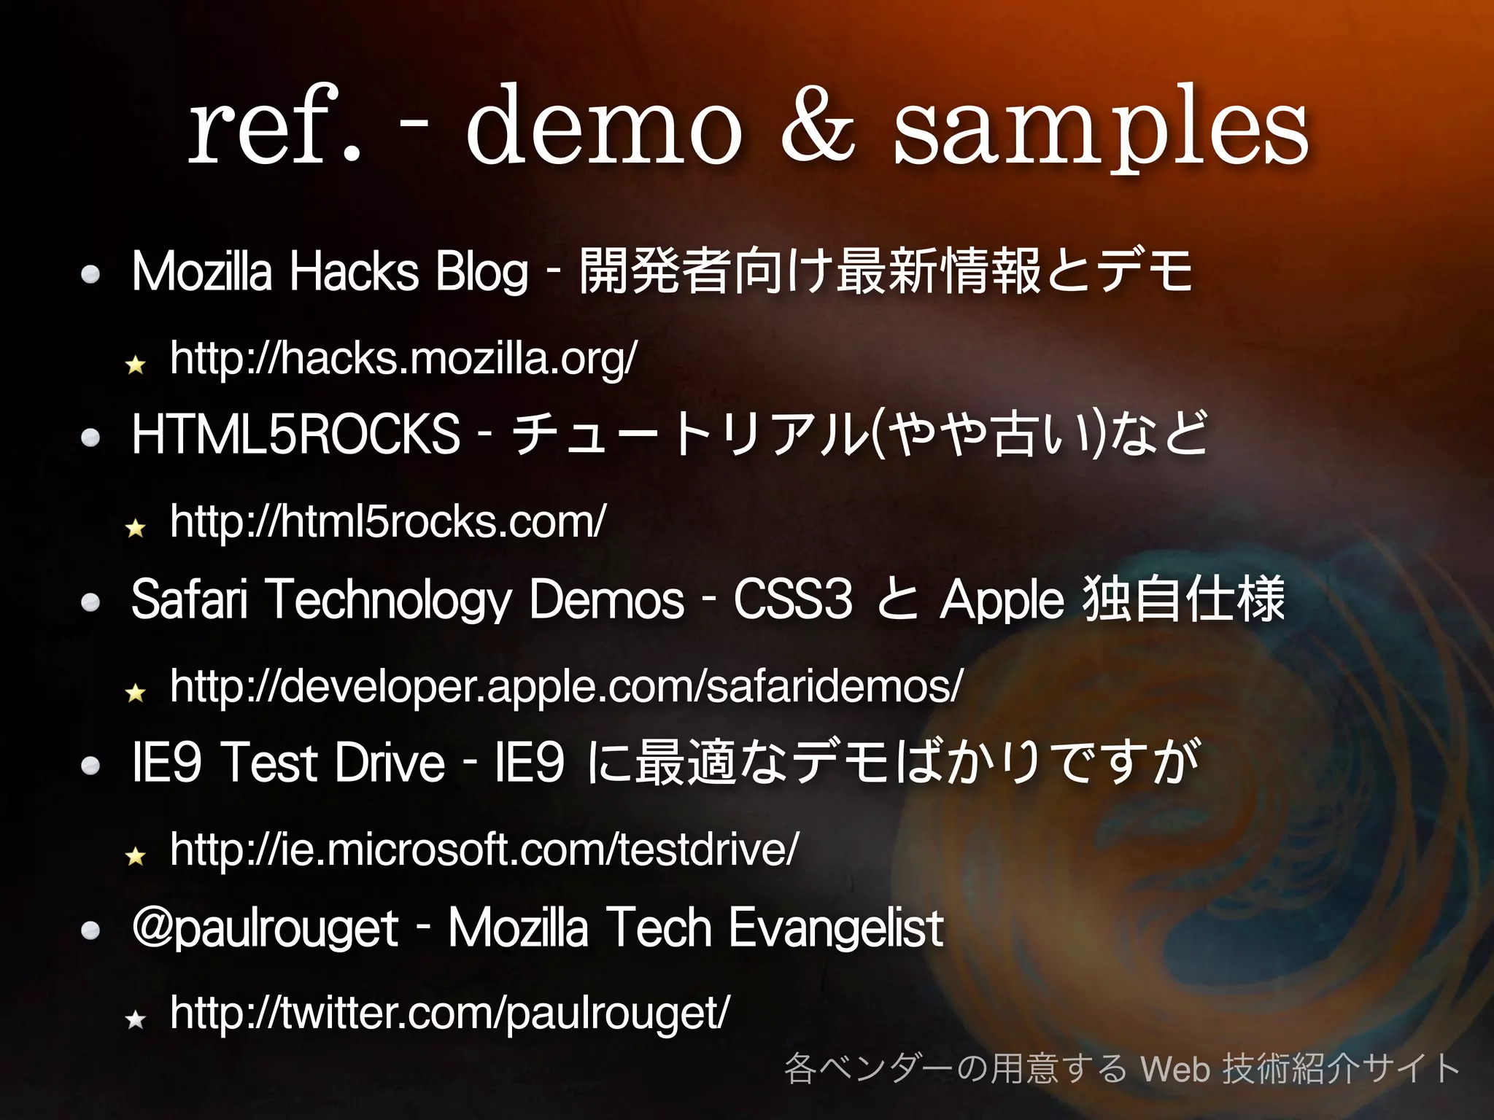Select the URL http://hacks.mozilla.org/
click(403, 359)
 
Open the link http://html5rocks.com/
click(387, 522)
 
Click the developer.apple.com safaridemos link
click(566, 686)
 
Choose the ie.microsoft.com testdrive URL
click(484, 849)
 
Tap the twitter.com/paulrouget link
click(449, 1014)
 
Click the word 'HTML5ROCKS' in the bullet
click(295, 435)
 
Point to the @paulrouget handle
click(265, 929)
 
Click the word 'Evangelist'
click(836, 929)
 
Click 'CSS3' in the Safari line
click(793, 599)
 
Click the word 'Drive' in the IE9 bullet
click(390, 763)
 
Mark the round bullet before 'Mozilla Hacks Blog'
click(91, 274)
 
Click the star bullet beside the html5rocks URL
click(136, 527)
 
